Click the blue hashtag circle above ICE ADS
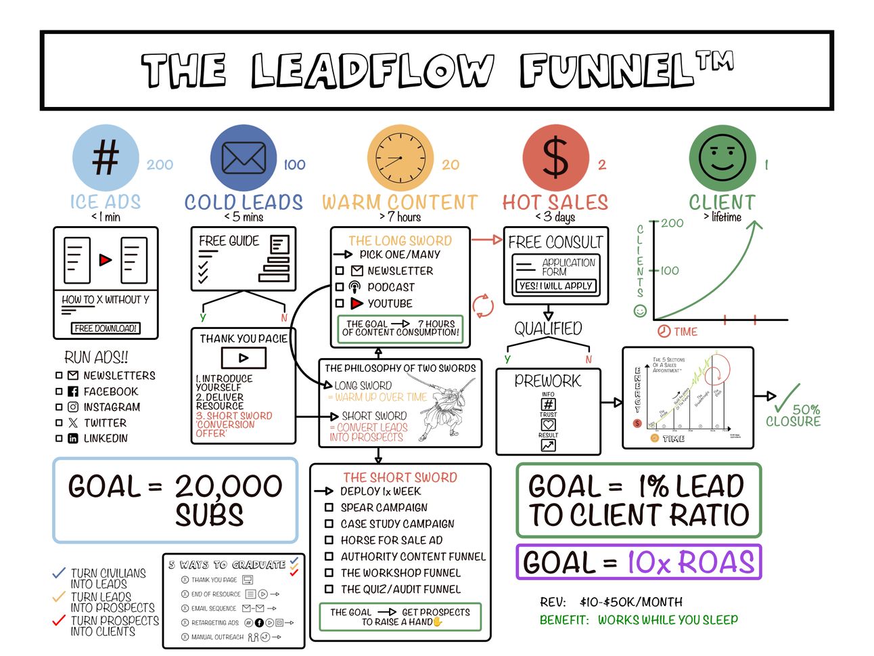pyautogui.click(x=106, y=158)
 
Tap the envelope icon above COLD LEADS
pyautogui.click(x=244, y=158)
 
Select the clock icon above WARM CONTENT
pyautogui.click(x=400, y=158)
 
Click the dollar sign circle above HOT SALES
pyautogui.click(x=555, y=158)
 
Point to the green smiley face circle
pyautogui.click(x=722, y=158)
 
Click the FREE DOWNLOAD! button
pyautogui.click(x=106, y=328)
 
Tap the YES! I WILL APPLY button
pyautogui.click(x=555, y=286)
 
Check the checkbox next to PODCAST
pyautogui.click(x=340, y=287)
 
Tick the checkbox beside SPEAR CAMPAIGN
pyautogui.click(x=329, y=507)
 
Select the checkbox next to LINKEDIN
pyautogui.click(x=59, y=439)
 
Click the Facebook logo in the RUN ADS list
pyautogui.click(x=73, y=391)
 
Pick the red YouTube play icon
pyautogui.click(x=356, y=303)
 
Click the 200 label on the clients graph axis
pyautogui.click(x=672, y=223)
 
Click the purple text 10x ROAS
pyautogui.click(x=690, y=563)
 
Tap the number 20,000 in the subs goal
pyautogui.click(x=229, y=487)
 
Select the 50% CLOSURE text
pyautogui.click(x=793, y=415)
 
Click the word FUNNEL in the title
pyautogui.click(x=609, y=70)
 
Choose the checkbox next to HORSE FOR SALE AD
pyautogui.click(x=329, y=540)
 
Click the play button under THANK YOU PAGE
pyautogui.click(x=244, y=358)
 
